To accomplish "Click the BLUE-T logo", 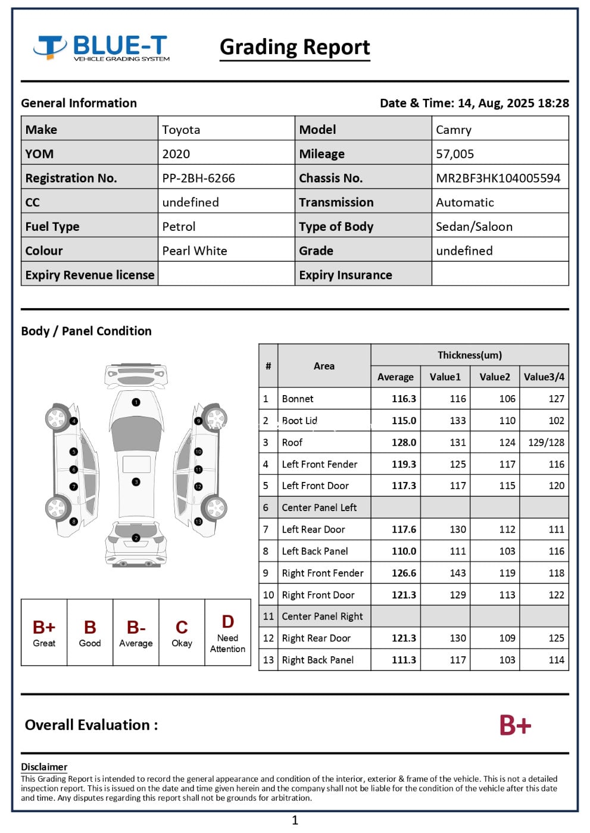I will pos(101,48).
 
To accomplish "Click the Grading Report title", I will pos(295,47).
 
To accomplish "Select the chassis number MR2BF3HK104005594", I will pos(498,178).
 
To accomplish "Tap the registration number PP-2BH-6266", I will pos(198,178).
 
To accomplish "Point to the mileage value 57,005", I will pos(455,154).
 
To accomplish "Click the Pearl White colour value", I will pos(195,250).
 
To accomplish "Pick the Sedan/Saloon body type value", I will pos(474,226).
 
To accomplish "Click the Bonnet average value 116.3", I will pos(404,399).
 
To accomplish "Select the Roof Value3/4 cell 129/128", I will pos(546,442).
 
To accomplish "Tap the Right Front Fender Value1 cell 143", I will pos(457,573).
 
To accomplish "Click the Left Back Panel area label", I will pos(315,551).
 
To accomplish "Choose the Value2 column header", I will pos(495,377).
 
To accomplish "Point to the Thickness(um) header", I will pos(469,355).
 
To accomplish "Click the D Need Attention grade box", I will pos(227,632).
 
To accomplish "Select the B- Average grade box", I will pos(136,632).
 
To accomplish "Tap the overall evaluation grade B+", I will pos(515,725).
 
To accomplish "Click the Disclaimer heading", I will pos(44,767).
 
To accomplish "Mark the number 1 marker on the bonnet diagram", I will pos(136,403).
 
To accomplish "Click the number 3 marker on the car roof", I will pos(136,481).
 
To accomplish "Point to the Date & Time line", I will pos(474,103).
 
